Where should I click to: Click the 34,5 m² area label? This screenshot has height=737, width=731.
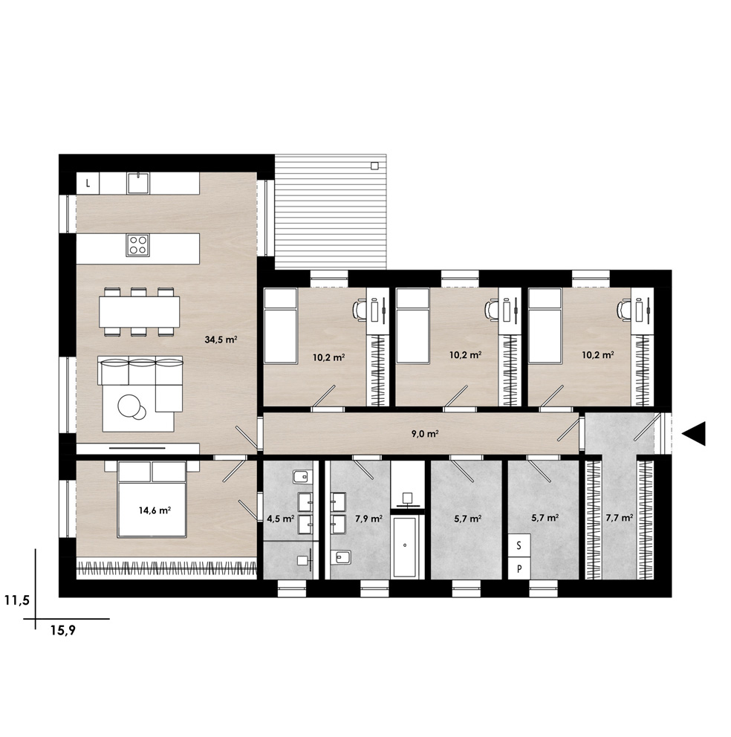click(221, 340)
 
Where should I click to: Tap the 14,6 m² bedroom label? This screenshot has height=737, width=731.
click(155, 510)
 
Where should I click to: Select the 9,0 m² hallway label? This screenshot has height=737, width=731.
click(425, 434)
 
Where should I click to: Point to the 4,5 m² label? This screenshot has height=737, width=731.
click(281, 519)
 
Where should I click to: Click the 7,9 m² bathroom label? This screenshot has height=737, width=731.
click(368, 519)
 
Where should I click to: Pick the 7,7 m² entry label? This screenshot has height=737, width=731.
click(619, 518)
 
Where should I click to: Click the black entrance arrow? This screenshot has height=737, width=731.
click(695, 433)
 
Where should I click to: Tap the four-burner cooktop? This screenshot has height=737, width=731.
click(137, 245)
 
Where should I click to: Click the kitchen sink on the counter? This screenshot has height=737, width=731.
click(137, 183)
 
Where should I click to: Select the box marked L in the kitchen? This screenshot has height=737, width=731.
click(88, 184)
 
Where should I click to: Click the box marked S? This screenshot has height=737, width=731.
click(519, 545)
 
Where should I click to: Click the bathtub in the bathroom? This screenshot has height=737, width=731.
click(405, 547)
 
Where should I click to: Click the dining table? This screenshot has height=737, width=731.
click(140, 312)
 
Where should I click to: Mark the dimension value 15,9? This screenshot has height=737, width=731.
click(63, 631)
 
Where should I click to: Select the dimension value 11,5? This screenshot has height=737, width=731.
click(17, 600)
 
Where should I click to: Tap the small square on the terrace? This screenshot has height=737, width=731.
click(374, 166)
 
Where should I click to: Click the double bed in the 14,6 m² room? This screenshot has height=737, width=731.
click(152, 500)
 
